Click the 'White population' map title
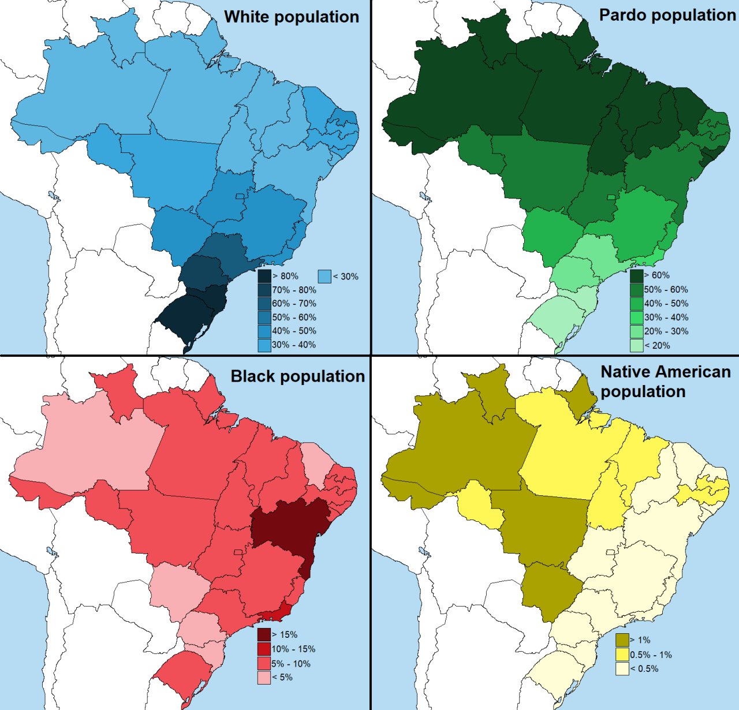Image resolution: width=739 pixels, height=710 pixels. tap(292, 17)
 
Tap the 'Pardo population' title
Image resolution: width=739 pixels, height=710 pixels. tap(667, 15)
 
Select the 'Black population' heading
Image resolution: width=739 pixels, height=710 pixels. tap(298, 376)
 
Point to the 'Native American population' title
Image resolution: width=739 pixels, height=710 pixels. tap(665, 382)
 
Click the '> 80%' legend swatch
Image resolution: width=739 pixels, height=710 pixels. tap(264, 276)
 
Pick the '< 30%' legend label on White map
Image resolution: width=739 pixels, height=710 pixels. tap(346, 276)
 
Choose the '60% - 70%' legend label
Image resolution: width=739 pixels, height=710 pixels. tap(294, 304)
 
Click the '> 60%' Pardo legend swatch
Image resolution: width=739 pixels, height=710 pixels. tap(637, 275)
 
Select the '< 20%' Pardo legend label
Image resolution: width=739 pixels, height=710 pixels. tap(658, 346)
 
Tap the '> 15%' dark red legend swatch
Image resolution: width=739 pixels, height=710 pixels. tap(264, 635)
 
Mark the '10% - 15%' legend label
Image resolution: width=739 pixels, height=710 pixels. tap(294, 649)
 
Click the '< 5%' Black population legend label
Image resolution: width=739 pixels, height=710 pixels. tap(282, 677)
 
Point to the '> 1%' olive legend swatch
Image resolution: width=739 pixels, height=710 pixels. tap(622, 640)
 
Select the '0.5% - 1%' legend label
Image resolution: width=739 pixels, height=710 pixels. tap(651, 655)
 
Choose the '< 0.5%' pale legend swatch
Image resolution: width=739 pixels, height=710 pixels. tap(622, 668)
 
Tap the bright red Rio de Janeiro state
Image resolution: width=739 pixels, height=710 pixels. tap(276, 613)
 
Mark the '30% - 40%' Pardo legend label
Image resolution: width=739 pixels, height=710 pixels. tap(666, 317)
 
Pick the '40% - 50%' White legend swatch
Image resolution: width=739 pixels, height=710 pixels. tap(264, 331)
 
